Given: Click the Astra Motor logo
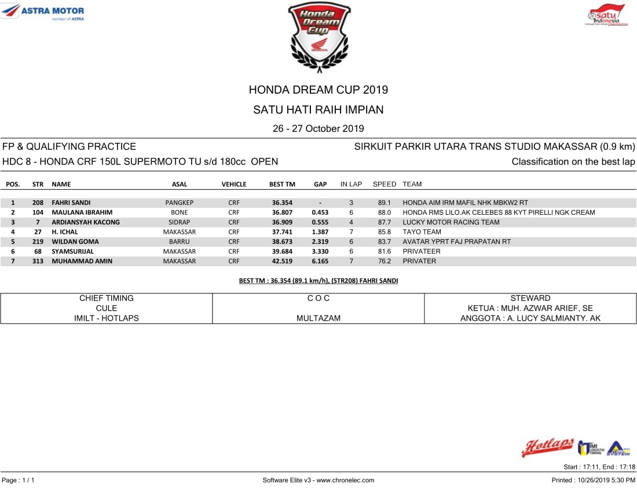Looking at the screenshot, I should coord(44,12).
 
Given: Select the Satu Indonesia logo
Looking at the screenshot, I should coord(606,15).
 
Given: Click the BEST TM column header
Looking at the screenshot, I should coord(282,184).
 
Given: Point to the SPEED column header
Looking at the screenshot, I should coord(385,184).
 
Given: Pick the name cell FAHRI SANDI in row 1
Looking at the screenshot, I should coord(71,203).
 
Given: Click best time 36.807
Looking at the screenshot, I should coord(282,212).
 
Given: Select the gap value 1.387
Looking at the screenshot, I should coord(320,232).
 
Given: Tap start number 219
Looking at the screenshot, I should coord(38,242).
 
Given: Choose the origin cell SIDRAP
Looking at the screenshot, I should coord(180,222).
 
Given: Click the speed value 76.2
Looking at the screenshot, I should coord(385,261).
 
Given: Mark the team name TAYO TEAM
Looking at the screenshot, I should coord(422,232).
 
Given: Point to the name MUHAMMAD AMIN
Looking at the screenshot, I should coord(82,261).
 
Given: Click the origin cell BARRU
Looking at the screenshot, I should coord(180,242).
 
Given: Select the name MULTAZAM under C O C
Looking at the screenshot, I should coord(318,318).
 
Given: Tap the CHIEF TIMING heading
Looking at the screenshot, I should coord(107,298).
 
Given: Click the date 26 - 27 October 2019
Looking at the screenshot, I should coord(318,128).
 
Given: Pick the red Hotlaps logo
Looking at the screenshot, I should coord(547,447).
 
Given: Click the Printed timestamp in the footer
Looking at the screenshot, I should coord(594,480).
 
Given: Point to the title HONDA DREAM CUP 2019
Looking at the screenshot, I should coord(318,90).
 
